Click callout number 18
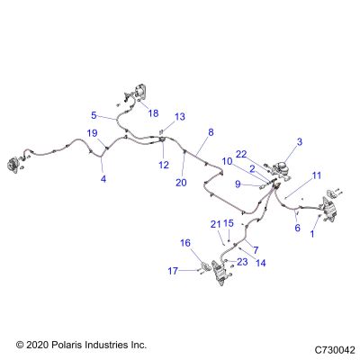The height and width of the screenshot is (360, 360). click(153, 113)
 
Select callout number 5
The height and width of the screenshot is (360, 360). click(94, 115)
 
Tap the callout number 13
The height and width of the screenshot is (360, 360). click(180, 116)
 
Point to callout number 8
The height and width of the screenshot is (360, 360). click(211, 132)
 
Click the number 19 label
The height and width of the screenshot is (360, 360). click(93, 133)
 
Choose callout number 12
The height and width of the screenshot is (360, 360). click(164, 165)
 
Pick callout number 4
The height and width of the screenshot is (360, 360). click(103, 179)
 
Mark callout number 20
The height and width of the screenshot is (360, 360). click(181, 183)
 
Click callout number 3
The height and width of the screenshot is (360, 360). click(300, 142)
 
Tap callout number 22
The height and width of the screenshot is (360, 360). click(241, 155)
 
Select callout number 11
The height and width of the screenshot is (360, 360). click(317, 175)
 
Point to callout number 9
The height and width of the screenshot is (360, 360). click(238, 184)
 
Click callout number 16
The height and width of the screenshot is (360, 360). click(185, 243)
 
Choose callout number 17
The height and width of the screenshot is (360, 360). click(173, 271)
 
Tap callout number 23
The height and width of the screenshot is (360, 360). click(242, 262)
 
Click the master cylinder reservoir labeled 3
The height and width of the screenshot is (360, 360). click(283, 166)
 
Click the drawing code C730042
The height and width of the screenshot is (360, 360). click(335, 350)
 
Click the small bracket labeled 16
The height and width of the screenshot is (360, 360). click(206, 266)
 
